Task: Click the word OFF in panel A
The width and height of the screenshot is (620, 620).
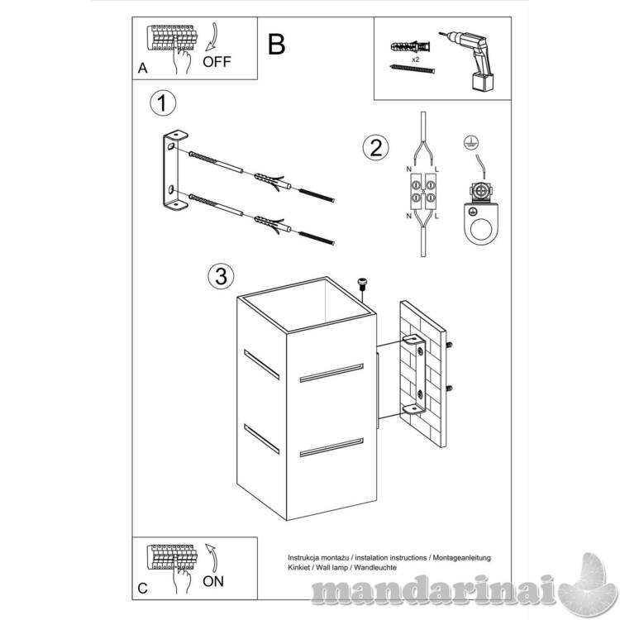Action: pos(217,62)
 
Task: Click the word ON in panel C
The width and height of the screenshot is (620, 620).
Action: pos(213,581)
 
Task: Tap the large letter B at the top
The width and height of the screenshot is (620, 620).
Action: pos(276,45)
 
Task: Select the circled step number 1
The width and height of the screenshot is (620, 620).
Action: pos(163,103)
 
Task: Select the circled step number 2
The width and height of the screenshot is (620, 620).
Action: pos(375,147)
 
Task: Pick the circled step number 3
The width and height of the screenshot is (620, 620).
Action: pos(221,276)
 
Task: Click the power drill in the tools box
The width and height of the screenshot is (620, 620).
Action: pos(470,61)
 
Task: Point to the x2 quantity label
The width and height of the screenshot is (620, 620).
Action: pos(415,60)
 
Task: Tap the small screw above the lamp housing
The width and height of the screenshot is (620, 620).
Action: pos(362,284)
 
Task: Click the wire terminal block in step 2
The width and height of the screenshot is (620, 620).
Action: pos(423,192)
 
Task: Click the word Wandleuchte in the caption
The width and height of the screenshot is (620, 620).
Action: pos(375,567)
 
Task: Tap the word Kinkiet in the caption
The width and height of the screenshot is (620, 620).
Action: pos(299,567)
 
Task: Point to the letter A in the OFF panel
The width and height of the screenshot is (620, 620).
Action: pos(143,68)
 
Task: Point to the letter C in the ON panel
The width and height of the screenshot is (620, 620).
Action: pos(142,589)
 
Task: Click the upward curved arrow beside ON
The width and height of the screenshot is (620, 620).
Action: pos(212,558)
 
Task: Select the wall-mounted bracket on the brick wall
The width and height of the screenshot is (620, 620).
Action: pos(415,374)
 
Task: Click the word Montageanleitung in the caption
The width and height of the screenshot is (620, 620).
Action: pos(462,558)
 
